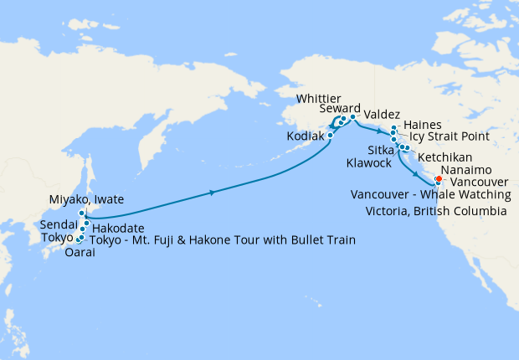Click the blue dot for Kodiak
[x=331, y=134]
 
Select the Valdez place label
[x=383, y=115]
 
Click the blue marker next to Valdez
[x=353, y=117]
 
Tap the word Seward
[x=340, y=110]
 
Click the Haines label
[x=422, y=124]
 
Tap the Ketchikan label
[x=444, y=157]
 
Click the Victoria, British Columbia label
[x=436, y=212]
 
